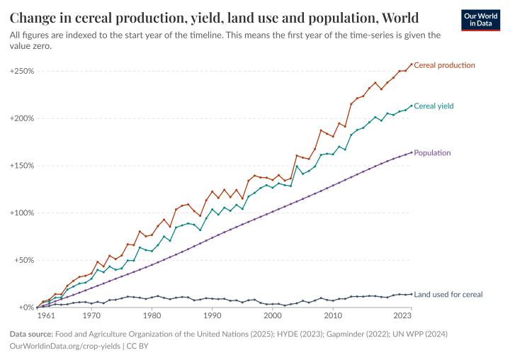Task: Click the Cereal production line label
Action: click(444, 65)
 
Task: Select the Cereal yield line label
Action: click(433, 106)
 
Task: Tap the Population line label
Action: click(432, 152)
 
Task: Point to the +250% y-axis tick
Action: click(21, 72)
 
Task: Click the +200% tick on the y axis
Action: click(21, 118)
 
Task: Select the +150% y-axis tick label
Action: click(21, 166)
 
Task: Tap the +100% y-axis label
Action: click(21, 213)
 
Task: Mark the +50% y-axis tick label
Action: click(23, 260)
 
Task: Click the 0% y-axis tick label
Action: click(26, 308)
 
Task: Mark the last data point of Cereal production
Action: click(412, 64)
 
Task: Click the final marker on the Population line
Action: click(412, 152)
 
